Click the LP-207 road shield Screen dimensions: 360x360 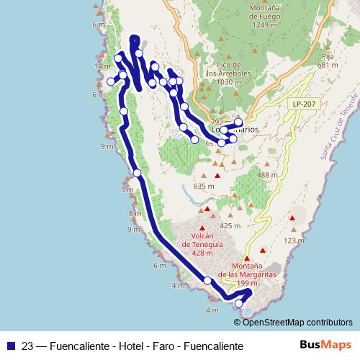click(303, 104)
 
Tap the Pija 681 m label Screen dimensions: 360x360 click(328, 60)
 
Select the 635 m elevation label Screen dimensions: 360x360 click(204, 186)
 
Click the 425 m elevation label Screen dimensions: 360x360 click(230, 225)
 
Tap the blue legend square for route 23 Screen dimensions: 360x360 click(9, 346)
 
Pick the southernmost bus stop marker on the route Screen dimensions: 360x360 click(240, 304)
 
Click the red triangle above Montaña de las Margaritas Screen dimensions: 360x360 click(247, 258)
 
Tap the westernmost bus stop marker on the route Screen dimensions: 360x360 click(111, 81)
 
